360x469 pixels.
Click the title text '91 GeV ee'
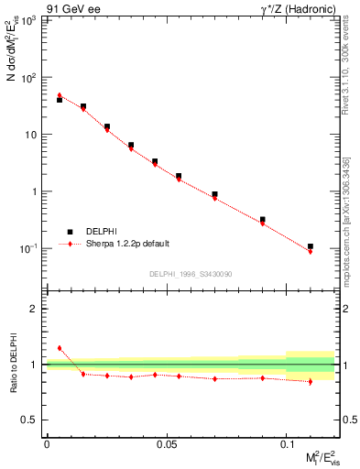(68, 9)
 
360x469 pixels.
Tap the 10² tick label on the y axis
(29, 78)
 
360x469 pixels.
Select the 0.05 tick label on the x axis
(166, 443)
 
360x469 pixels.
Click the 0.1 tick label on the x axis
(286, 443)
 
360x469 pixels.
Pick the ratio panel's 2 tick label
(36, 310)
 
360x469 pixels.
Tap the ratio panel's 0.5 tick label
(32, 420)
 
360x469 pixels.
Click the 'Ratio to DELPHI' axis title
(13, 364)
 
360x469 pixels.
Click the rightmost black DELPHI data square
(311, 246)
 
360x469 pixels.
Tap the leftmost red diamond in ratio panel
(60, 348)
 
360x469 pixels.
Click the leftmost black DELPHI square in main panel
(60, 99)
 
